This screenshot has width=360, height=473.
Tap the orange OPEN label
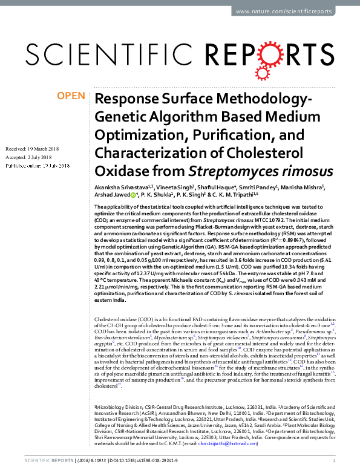click(x=71, y=96)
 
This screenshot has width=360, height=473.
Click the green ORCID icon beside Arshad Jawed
click(x=133, y=195)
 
